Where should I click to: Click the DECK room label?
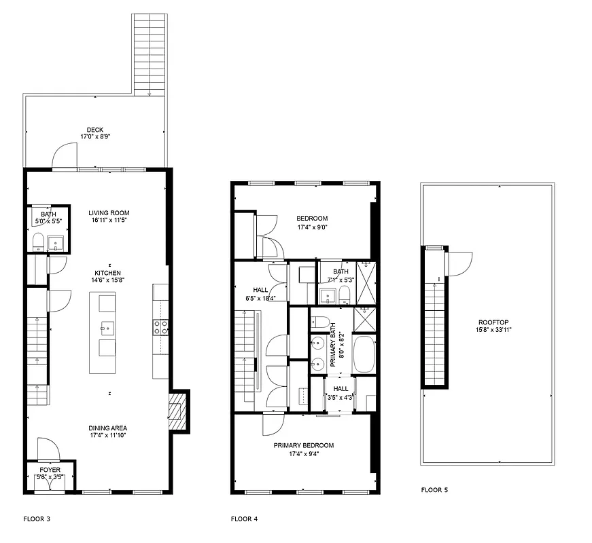click(x=95, y=130)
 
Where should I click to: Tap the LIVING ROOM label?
click(x=109, y=212)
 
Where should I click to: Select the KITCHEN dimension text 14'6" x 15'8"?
click(x=109, y=280)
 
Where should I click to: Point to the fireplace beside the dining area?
click(x=177, y=411)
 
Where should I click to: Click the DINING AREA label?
click(x=108, y=428)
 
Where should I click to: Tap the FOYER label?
click(x=50, y=470)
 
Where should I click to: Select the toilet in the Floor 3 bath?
click(x=38, y=241)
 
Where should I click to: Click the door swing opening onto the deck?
click(x=67, y=155)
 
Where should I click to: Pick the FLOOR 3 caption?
click(x=37, y=519)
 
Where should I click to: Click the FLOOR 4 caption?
click(x=244, y=519)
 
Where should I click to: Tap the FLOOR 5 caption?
click(x=434, y=489)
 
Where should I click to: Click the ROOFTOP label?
click(x=493, y=322)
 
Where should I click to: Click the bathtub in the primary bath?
click(x=365, y=354)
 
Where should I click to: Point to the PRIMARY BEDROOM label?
click(x=304, y=445)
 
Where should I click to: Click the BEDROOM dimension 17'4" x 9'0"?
click(x=312, y=227)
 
